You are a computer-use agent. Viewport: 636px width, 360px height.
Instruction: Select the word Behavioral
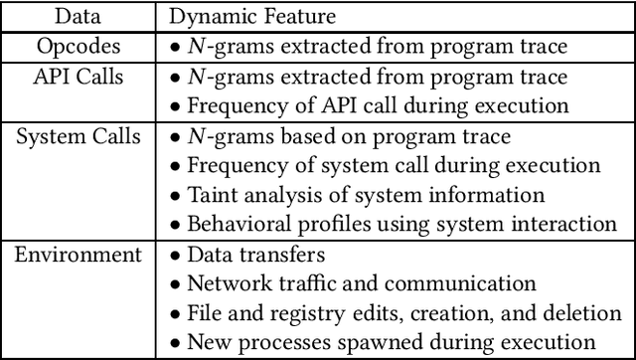[240, 225]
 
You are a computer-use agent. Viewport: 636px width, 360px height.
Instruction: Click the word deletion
[584, 313]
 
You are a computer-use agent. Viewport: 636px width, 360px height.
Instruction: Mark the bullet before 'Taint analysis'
[175, 195]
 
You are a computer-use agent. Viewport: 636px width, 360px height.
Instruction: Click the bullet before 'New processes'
[175, 343]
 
